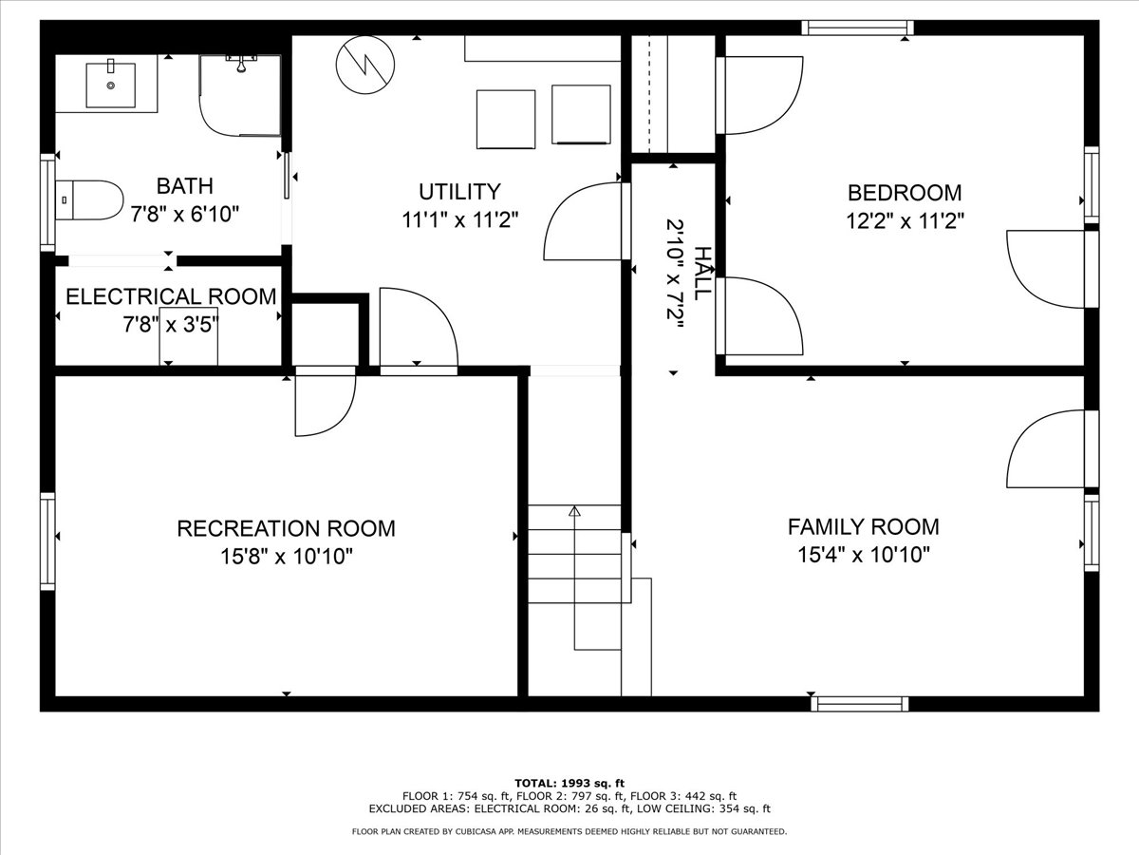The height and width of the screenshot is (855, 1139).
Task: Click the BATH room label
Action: point(185,186)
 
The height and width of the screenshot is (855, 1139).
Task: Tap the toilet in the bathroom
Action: point(89,199)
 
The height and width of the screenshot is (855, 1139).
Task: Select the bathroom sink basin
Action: point(110,85)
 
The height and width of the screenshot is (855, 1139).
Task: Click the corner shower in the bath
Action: point(240,96)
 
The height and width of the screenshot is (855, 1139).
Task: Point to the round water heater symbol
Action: point(365,65)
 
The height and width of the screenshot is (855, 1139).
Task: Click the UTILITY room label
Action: point(459,192)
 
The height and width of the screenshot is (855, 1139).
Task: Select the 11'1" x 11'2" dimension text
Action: point(460,220)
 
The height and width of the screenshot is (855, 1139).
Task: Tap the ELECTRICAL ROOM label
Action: point(171,296)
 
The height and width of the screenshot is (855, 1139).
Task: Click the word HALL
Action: point(702,273)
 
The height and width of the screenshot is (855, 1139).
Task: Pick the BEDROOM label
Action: point(905,193)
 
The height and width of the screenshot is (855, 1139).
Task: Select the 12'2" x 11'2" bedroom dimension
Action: point(905,221)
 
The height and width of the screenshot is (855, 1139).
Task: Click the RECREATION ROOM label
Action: point(286,528)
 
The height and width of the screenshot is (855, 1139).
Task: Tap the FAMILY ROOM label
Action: point(864,527)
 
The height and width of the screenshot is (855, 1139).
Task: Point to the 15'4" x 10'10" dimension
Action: point(864,555)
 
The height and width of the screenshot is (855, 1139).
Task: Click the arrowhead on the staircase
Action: point(574,511)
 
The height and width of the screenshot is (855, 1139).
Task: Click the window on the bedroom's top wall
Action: point(857,28)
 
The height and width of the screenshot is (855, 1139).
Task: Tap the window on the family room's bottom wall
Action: point(860,704)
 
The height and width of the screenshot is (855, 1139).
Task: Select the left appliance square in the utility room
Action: point(506,120)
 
